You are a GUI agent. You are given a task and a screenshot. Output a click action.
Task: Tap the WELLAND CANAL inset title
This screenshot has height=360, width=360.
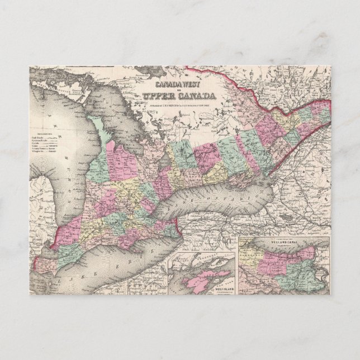click(284, 243)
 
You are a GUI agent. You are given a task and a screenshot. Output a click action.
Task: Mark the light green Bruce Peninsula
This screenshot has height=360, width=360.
click(103, 131)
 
